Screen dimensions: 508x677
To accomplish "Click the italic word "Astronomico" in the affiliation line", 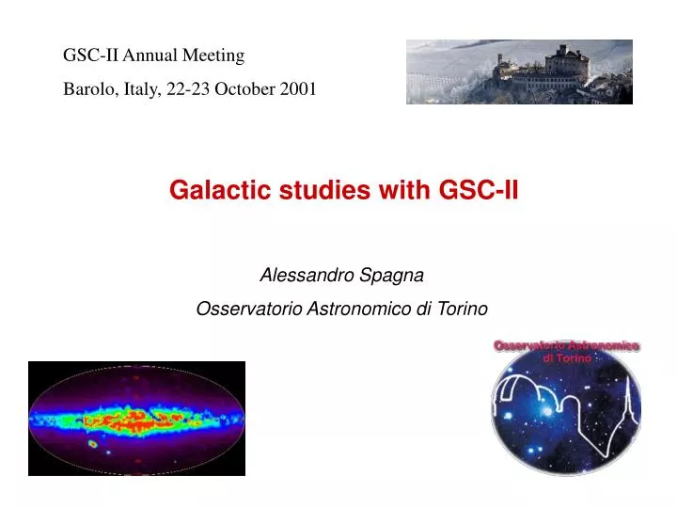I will (x=349, y=309).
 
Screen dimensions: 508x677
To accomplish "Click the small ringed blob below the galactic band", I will (x=92, y=443).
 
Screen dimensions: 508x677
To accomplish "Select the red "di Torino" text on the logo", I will (x=568, y=358).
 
